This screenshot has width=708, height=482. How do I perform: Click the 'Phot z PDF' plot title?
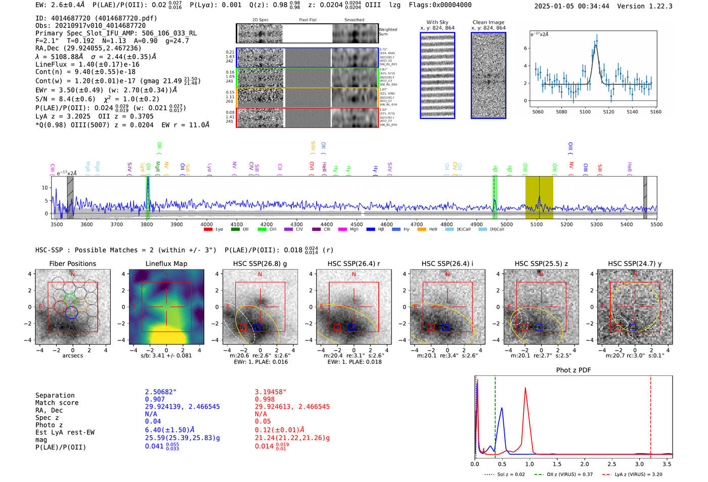coord(573,370)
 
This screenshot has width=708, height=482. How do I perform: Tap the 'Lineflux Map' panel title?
coord(166,264)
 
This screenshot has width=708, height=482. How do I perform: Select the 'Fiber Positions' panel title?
coord(72,264)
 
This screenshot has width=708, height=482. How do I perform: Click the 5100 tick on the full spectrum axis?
coord(537,224)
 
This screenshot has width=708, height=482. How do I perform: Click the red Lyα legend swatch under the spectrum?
coord(208,230)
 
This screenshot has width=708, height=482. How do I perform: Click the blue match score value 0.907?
coord(155,400)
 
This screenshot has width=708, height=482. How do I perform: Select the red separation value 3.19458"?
coord(271,392)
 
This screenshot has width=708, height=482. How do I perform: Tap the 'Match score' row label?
coord(57,403)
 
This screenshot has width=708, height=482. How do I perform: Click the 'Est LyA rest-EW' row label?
coord(65,432)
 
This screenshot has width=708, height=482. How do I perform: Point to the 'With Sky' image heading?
coord(437,22)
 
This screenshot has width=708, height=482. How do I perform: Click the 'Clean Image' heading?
coord(488,22)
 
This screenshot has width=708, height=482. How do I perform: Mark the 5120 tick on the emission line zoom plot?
coord(609,112)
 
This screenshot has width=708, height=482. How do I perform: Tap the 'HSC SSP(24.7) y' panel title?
coord(635,264)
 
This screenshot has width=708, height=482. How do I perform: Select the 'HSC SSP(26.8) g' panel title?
coord(260,264)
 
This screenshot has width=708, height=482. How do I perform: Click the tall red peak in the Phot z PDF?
coord(526,388)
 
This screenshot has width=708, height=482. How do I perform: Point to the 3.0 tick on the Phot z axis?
coord(640,464)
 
